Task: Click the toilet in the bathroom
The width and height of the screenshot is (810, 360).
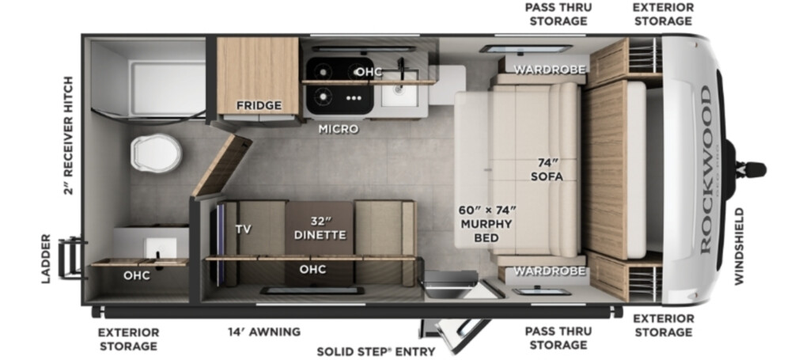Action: (x=156, y=153)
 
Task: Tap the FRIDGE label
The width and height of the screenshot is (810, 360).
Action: (x=259, y=106)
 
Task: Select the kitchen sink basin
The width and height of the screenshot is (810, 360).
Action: (x=399, y=89)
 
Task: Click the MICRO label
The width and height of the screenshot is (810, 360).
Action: (x=339, y=129)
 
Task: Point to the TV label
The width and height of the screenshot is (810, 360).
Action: (x=244, y=229)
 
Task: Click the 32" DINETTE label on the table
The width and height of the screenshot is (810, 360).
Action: (x=320, y=229)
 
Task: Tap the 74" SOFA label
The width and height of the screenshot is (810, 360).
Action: (x=547, y=170)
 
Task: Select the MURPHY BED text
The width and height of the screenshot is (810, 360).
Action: (x=486, y=231)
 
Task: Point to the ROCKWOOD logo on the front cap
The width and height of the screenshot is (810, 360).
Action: (x=706, y=169)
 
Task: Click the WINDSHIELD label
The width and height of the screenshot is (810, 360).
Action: (x=740, y=246)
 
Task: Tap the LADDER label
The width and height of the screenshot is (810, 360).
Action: (x=46, y=258)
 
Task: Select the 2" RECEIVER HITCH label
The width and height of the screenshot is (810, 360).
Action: (x=69, y=135)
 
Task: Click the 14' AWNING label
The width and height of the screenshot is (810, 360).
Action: (x=264, y=332)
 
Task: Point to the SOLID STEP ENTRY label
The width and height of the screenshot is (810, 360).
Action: (x=376, y=352)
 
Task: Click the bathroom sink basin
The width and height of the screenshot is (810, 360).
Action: (x=160, y=248)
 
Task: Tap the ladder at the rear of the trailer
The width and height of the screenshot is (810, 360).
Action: (x=70, y=257)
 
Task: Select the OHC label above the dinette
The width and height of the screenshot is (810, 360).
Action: (x=312, y=269)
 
